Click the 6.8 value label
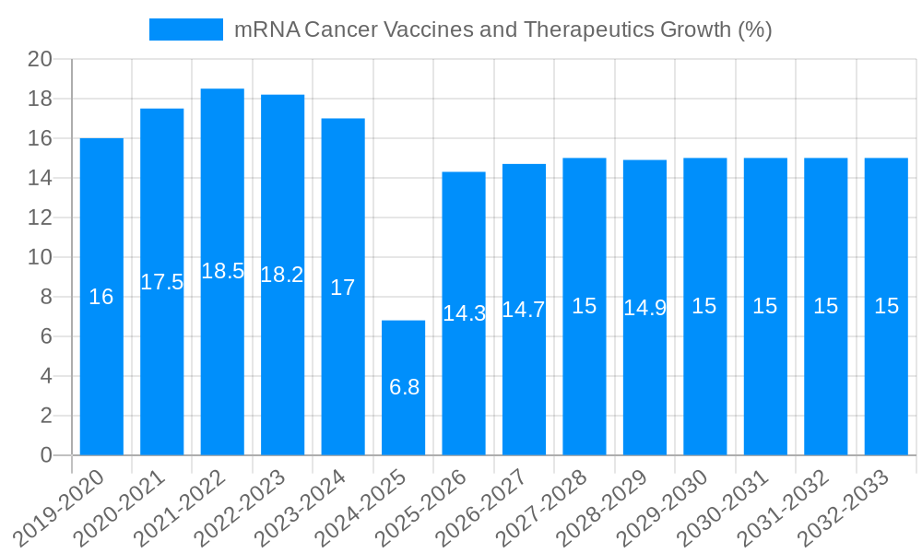404,387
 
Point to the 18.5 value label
222,271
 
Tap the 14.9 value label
644,308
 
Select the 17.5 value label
162,282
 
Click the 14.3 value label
464,313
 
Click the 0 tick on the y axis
46,455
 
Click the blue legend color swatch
186,29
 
